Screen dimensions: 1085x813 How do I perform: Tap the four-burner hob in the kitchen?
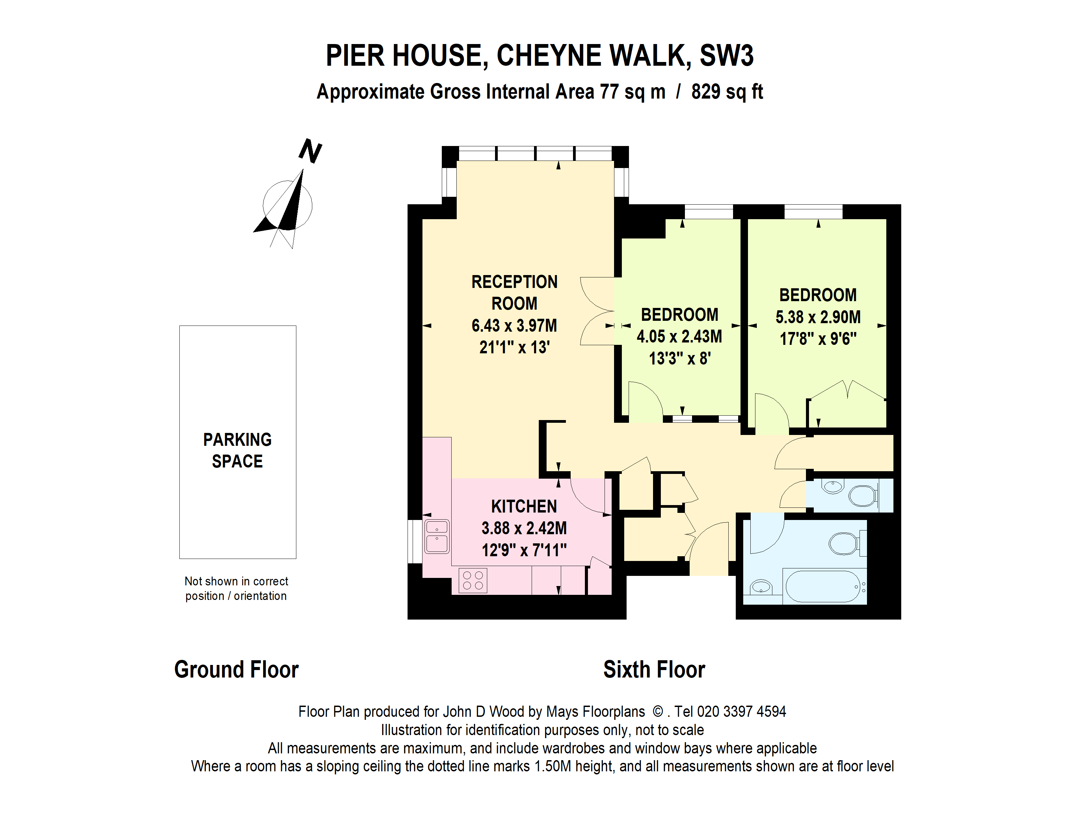pos(473,581)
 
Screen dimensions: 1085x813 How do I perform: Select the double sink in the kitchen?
pos(437,537)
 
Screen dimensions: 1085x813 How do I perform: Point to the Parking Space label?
pos(237,450)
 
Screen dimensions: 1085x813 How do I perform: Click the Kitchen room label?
pos(524,506)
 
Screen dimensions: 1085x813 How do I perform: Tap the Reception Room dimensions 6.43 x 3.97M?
pos(514,326)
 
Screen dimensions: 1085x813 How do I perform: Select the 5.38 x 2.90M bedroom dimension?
pos(818,317)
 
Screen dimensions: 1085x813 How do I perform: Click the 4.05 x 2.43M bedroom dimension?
pos(679,337)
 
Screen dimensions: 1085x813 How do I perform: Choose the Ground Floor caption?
pos(236,669)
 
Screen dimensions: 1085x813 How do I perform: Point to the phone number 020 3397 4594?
pos(742,712)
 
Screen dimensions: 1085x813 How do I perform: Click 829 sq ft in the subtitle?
pos(727,92)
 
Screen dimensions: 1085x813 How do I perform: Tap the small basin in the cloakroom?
pos(832,487)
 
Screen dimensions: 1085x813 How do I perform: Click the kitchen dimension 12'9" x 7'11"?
pos(524,550)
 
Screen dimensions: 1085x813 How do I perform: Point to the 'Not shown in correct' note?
pos(236,581)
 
